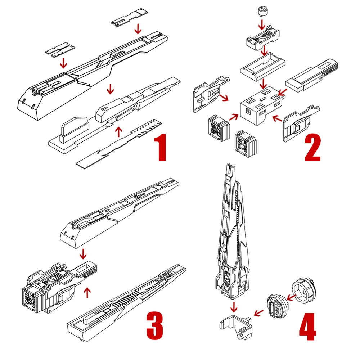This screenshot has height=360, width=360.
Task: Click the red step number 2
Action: point(312,148)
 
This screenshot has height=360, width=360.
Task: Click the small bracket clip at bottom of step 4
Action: point(236,326)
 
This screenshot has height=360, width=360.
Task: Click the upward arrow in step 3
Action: point(86,292)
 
